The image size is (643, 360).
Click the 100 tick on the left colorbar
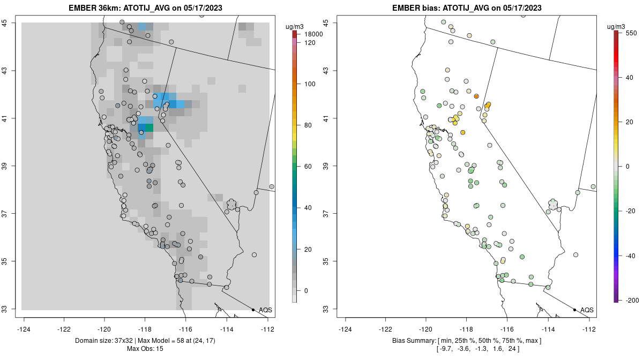310,84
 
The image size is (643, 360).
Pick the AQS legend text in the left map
265,310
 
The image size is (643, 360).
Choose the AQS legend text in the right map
587,310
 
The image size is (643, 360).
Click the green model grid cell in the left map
149,127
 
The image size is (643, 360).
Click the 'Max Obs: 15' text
145,349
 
